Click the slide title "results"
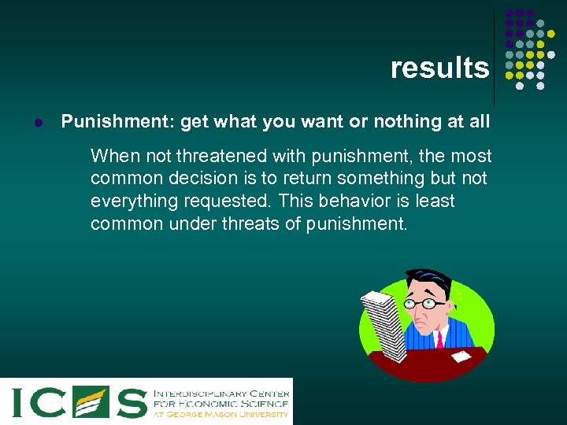point(439,68)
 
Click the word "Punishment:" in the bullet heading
point(117,122)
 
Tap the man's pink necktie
point(438,339)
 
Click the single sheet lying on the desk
point(461,357)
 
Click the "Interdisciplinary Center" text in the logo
point(220,391)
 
